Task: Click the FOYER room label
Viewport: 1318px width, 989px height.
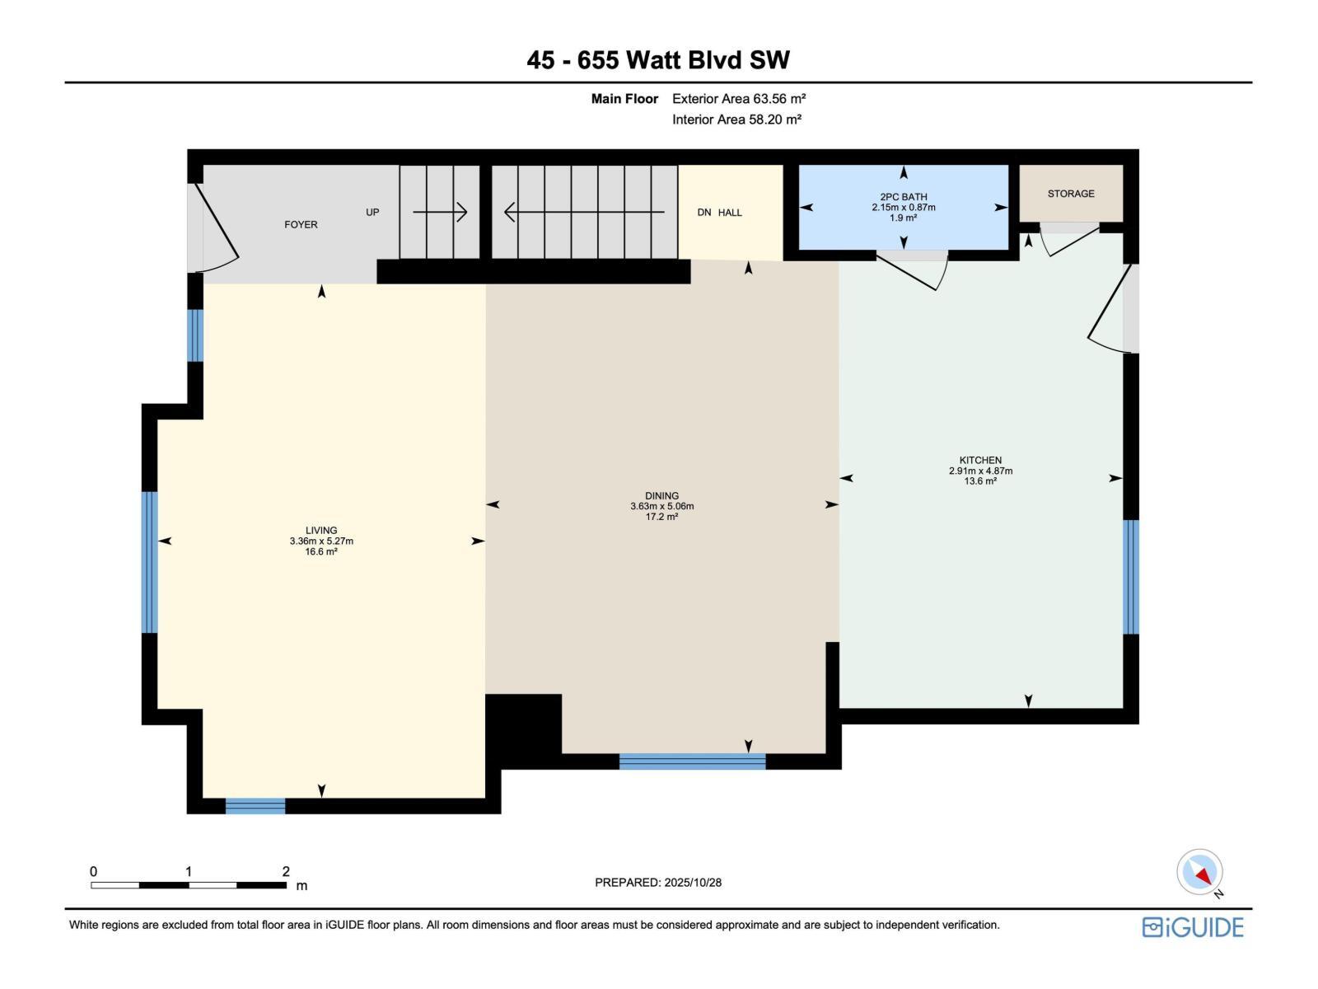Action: click(301, 224)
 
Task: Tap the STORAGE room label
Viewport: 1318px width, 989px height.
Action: click(1071, 194)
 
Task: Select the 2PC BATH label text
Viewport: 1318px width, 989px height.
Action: click(904, 197)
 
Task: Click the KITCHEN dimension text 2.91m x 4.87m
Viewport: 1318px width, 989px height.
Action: click(980, 471)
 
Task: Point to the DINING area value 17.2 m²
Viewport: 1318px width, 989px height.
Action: click(661, 517)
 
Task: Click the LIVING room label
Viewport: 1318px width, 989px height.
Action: click(321, 531)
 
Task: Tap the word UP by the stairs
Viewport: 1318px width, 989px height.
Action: click(372, 212)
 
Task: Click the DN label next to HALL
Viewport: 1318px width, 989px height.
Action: click(704, 213)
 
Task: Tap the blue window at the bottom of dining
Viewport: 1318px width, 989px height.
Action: click(692, 762)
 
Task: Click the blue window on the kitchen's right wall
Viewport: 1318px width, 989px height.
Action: click(1131, 577)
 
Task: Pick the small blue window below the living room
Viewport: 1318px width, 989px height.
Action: click(255, 806)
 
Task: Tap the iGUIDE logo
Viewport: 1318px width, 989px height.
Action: click(1193, 927)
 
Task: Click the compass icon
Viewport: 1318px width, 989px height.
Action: click(1199, 872)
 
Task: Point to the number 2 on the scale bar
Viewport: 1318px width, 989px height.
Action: click(286, 871)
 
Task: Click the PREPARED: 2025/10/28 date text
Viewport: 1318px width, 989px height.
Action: click(658, 882)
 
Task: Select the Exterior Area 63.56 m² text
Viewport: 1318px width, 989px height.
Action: click(739, 98)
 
